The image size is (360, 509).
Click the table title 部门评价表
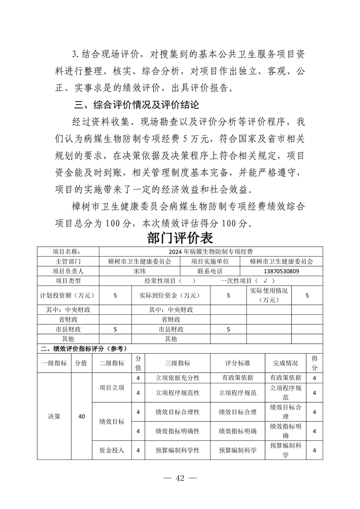click(180, 238)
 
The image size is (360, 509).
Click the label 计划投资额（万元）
click(68, 295)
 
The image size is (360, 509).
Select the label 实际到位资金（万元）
click(171, 295)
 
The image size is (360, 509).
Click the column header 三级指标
click(177, 363)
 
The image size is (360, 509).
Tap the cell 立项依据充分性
click(177, 377)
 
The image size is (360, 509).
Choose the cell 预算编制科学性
click(177, 450)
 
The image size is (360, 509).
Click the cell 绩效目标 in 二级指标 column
click(112, 421)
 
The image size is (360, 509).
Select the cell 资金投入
click(112, 450)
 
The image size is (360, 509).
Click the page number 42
click(180, 479)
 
